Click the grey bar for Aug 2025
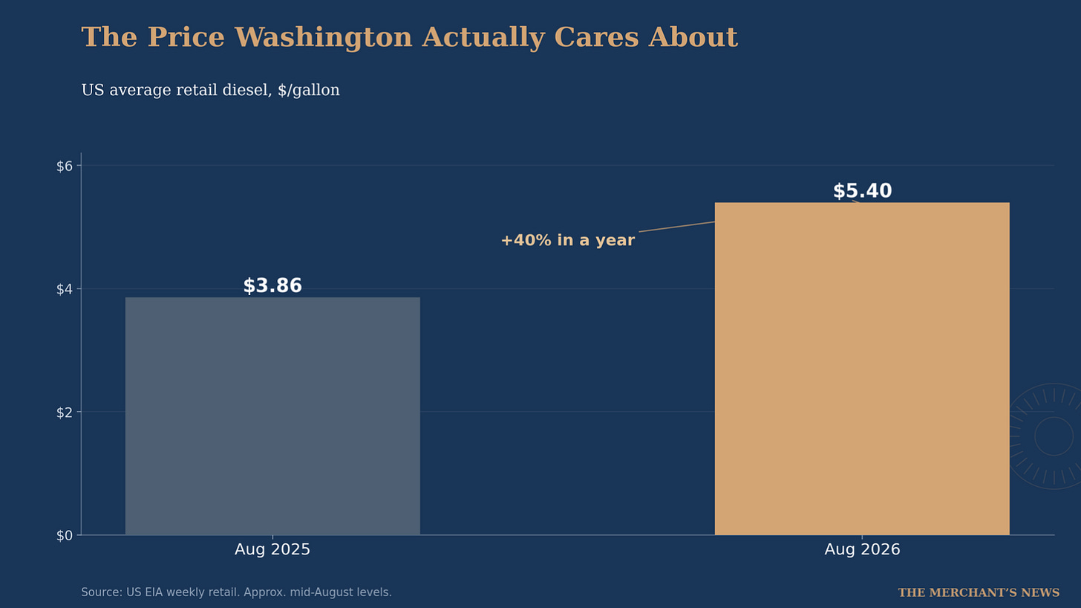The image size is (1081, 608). (x=272, y=416)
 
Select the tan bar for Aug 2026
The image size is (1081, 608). (x=862, y=369)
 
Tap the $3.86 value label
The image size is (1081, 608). (x=272, y=285)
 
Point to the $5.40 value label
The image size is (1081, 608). (x=863, y=191)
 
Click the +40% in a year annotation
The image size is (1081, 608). (x=567, y=240)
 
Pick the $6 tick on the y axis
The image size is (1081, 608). (x=64, y=166)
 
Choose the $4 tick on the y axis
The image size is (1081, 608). (x=64, y=289)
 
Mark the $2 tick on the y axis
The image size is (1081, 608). (x=64, y=413)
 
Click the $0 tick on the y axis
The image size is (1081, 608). (x=64, y=535)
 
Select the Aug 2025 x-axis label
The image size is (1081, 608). (x=272, y=549)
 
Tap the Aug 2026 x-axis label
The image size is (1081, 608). (x=863, y=549)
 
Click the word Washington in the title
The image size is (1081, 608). (x=324, y=38)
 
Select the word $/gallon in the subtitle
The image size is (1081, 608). (x=309, y=91)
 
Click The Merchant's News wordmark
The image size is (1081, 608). (x=979, y=592)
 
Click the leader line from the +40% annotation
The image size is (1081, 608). (x=676, y=227)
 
